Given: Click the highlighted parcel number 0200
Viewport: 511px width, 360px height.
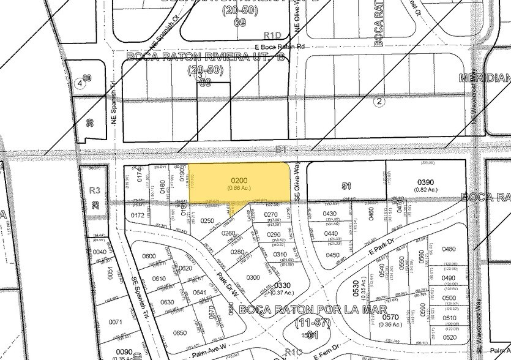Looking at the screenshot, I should (237, 181).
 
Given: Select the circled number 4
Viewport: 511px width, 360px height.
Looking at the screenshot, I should (78, 82).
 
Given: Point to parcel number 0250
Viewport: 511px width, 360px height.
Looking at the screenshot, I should (207, 220).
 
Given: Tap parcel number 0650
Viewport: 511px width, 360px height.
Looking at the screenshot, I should (180, 332).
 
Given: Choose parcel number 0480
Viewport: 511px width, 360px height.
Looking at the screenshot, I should (449, 249).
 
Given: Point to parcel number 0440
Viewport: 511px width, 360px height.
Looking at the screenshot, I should (331, 234).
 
